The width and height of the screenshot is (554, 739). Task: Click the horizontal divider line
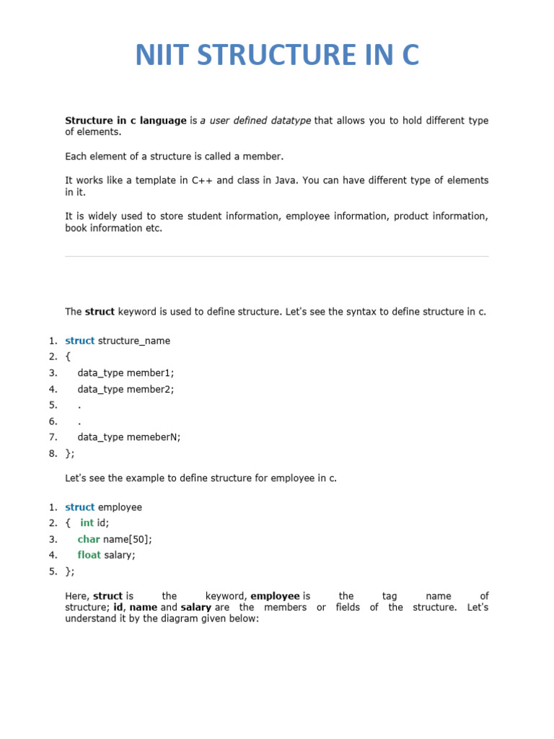(x=277, y=256)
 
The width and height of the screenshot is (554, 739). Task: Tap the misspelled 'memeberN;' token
(x=154, y=437)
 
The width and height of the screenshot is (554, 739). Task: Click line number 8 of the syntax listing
(x=53, y=453)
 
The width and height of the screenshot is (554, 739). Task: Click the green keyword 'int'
(x=87, y=522)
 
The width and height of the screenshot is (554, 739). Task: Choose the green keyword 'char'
(x=89, y=539)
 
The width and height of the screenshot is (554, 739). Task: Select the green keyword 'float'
(x=89, y=555)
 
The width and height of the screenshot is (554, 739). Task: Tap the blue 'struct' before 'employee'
(x=79, y=507)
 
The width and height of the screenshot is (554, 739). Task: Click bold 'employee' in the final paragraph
(x=275, y=596)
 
